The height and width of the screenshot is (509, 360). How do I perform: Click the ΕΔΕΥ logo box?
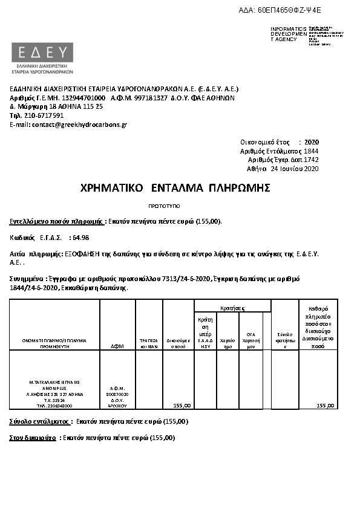(x=42, y=51)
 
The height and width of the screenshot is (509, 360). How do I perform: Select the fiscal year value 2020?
(x=311, y=141)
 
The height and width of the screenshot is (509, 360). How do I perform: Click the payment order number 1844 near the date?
(x=311, y=151)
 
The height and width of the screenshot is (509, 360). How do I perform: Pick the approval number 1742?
(x=311, y=160)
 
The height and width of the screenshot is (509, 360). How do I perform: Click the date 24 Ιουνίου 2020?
(x=294, y=169)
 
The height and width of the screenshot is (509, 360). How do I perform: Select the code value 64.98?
(x=80, y=238)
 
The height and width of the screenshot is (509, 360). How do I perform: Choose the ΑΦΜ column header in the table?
(x=117, y=347)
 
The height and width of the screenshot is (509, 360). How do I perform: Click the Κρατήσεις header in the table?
(x=232, y=308)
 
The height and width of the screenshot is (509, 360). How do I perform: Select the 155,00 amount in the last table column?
(x=325, y=406)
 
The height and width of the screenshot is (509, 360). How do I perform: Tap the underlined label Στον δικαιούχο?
(x=33, y=437)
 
